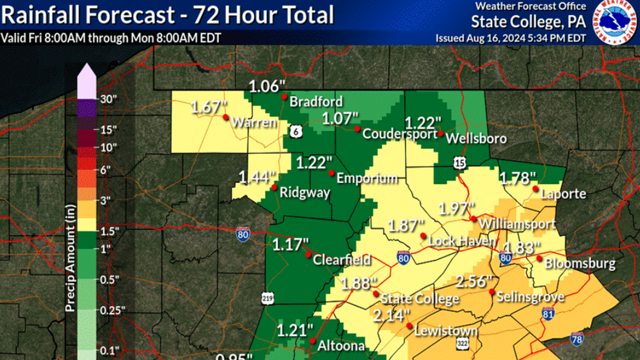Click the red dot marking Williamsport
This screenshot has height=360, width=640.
pyautogui.click(x=474, y=218)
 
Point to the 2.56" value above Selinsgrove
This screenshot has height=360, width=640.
pyautogui.click(x=474, y=281)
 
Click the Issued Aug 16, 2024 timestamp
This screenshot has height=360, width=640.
pyautogui.click(x=510, y=38)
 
